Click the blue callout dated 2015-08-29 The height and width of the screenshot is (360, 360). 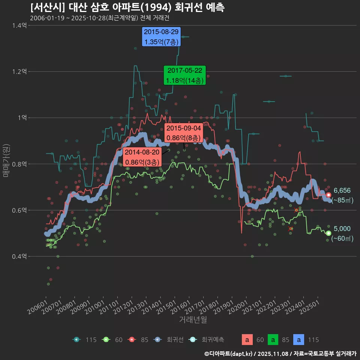click(x=162, y=37)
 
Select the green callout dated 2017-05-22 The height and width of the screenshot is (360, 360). click(x=185, y=75)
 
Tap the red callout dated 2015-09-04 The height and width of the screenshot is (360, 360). click(x=184, y=133)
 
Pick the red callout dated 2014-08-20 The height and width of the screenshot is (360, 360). click(x=142, y=157)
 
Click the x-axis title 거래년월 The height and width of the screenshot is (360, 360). click(x=193, y=320)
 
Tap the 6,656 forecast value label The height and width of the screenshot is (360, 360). click(x=342, y=190)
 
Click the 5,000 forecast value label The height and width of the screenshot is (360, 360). click(x=342, y=229)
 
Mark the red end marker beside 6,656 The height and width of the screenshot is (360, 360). click(x=328, y=195)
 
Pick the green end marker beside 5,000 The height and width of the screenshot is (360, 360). click(x=328, y=233)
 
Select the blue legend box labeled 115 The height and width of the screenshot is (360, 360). click(x=298, y=340)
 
